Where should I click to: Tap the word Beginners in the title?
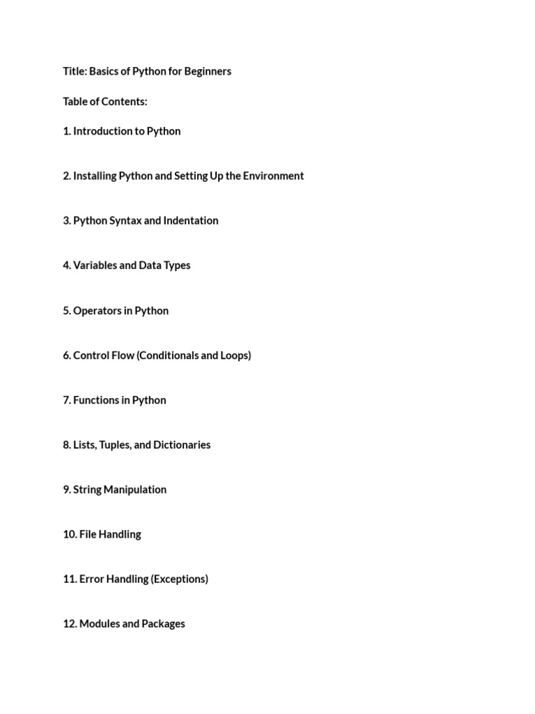(208, 71)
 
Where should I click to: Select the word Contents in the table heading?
(125, 102)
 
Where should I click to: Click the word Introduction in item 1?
(103, 131)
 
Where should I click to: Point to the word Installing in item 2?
(95, 176)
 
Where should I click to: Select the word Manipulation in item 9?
(134, 489)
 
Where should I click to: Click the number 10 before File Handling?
(70, 534)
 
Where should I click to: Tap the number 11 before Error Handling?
(70, 579)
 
